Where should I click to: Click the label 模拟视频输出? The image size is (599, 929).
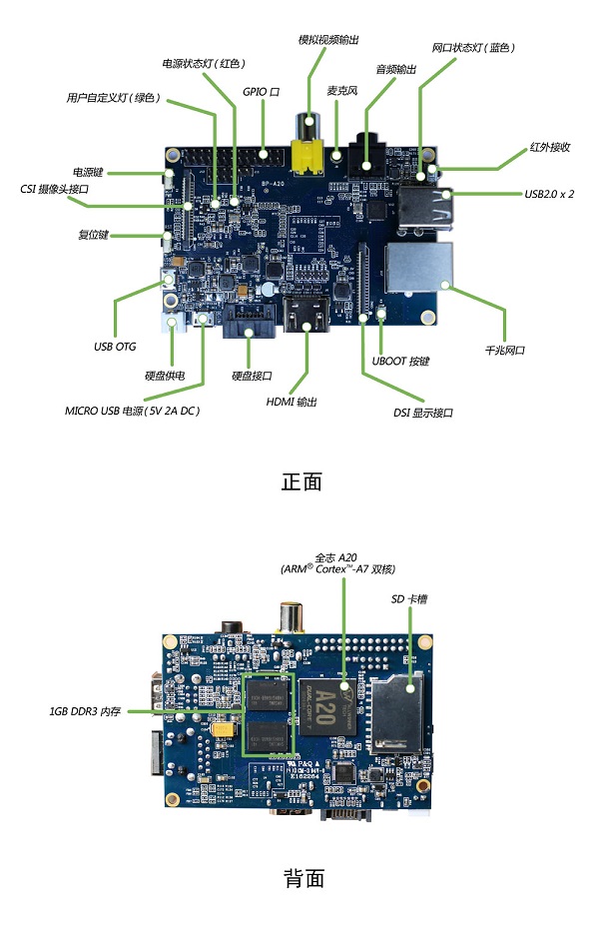328,39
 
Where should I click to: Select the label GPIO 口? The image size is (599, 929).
261,91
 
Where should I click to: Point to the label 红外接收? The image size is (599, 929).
549,148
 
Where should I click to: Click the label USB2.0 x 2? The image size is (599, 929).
549,194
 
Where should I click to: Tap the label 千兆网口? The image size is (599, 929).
505,351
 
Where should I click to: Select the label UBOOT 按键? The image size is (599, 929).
400,361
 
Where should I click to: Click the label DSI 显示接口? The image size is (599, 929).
423,412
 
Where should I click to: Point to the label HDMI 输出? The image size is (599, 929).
293,402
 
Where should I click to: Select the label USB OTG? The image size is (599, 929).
115,348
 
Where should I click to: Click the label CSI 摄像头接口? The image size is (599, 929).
55,189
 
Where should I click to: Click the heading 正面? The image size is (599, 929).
302,481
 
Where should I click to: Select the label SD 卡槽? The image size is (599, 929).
409,598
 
